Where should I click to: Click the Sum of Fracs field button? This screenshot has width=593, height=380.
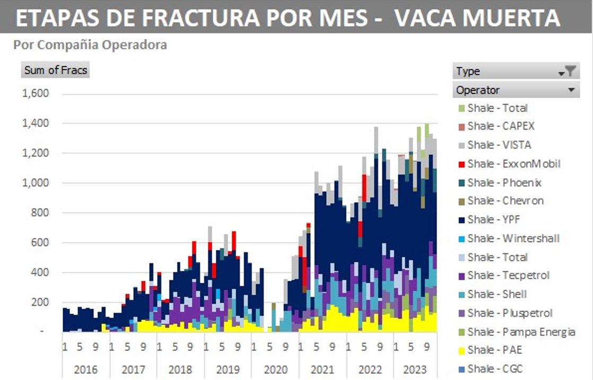click(x=55, y=70)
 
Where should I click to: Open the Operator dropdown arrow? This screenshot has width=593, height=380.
click(x=571, y=90)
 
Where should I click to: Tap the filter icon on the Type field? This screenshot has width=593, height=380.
click(x=569, y=71)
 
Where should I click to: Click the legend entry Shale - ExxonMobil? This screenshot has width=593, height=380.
click(x=508, y=164)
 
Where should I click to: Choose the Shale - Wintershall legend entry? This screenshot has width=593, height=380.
click(x=508, y=239)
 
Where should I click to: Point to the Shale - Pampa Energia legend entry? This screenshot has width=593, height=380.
click(x=516, y=332)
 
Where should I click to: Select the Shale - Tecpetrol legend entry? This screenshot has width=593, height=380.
click(x=503, y=275)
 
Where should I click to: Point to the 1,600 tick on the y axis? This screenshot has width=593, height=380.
click(x=36, y=94)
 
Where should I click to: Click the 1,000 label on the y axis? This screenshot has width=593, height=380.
click(x=36, y=183)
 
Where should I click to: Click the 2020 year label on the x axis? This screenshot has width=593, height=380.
click(x=276, y=369)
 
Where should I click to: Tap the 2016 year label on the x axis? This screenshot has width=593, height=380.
click(x=86, y=369)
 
